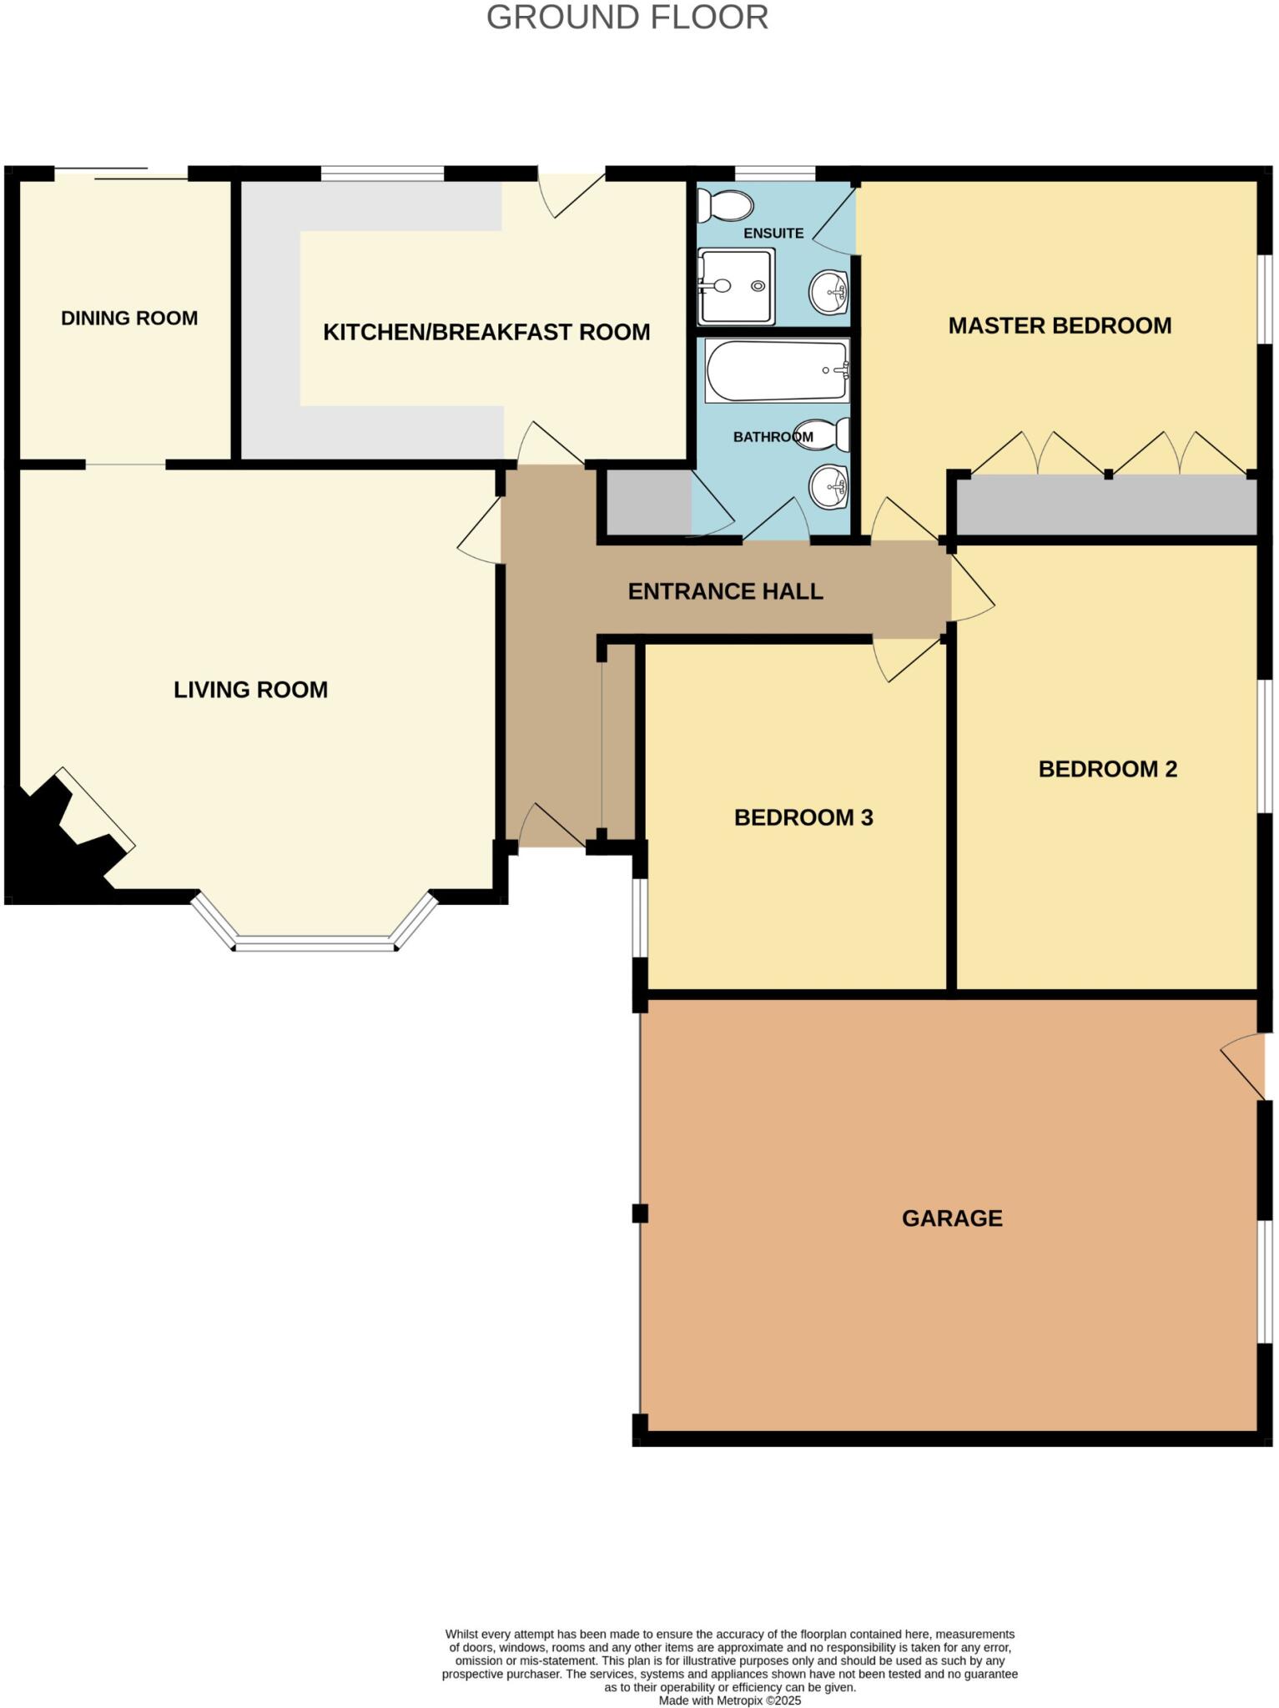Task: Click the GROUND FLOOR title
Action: [x=627, y=18]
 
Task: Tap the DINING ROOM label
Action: [x=129, y=318]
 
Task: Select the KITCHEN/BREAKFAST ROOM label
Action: [x=486, y=332]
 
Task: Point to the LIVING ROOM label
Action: [x=250, y=690]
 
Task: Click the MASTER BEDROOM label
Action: [x=1060, y=325]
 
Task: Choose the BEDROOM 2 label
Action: [x=1107, y=769]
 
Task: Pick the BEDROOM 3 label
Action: [x=803, y=817]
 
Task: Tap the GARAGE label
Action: [x=952, y=1218]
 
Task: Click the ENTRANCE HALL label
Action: [x=725, y=591]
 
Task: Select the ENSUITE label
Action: [x=773, y=234]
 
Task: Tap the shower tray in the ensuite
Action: [x=736, y=286]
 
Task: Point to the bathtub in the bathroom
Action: [x=777, y=371]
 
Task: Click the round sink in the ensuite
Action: [x=828, y=292]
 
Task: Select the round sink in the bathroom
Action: [x=828, y=485]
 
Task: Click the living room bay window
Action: [x=314, y=942]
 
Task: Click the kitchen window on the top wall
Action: [x=382, y=173]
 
